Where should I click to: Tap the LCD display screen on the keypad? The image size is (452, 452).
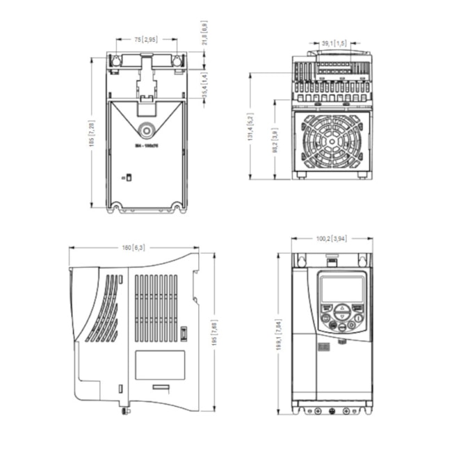tap(342, 289)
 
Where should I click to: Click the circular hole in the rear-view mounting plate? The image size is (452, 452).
tap(147, 129)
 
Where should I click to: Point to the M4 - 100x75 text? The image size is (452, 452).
tap(146, 146)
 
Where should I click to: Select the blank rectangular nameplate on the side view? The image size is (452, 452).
tap(159, 364)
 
